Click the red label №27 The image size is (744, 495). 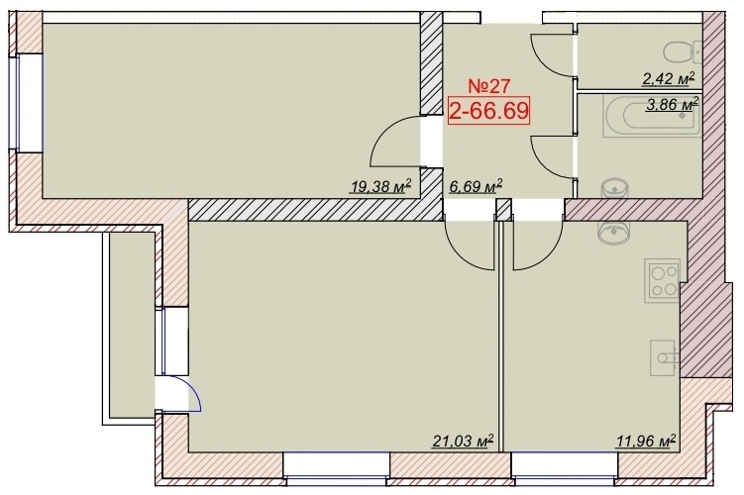point(488,86)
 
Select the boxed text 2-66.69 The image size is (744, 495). point(488,111)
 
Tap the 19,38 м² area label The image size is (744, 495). point(380,186)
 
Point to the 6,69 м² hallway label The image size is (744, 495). point(476,186)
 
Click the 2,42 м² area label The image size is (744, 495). point(668,78)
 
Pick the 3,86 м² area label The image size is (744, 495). point(672,104)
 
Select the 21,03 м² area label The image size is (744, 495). point(463,441)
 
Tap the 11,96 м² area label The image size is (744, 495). point(646,441)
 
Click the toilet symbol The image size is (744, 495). point(684,52)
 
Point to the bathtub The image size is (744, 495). point(652,116)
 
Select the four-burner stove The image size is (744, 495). point(663,281)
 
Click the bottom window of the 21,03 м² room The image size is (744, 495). point(338,468)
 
